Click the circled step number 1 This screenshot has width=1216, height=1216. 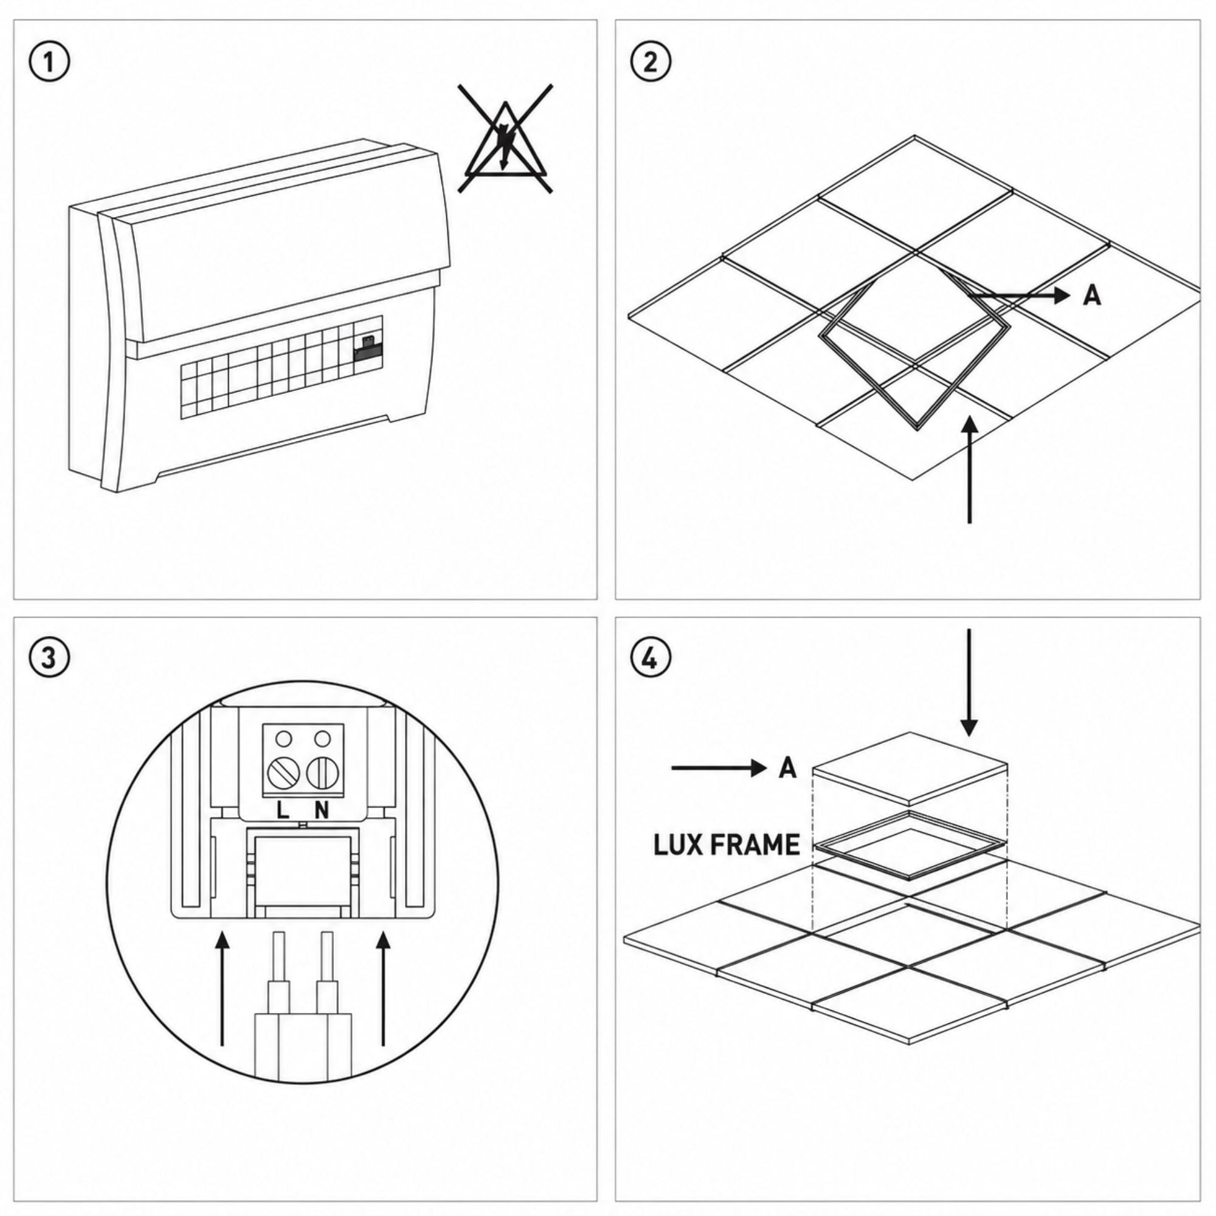point(50,63)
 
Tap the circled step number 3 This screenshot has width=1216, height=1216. point(50,658)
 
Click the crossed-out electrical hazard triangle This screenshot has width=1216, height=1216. point(505,138)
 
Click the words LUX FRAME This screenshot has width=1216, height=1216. point(727,845)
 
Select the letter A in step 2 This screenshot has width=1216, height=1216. point(1093,295)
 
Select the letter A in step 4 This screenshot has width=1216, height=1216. point(787,768)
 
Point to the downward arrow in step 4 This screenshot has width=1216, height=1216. point(969,682)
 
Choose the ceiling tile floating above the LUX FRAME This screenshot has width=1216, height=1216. point(910,769)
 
